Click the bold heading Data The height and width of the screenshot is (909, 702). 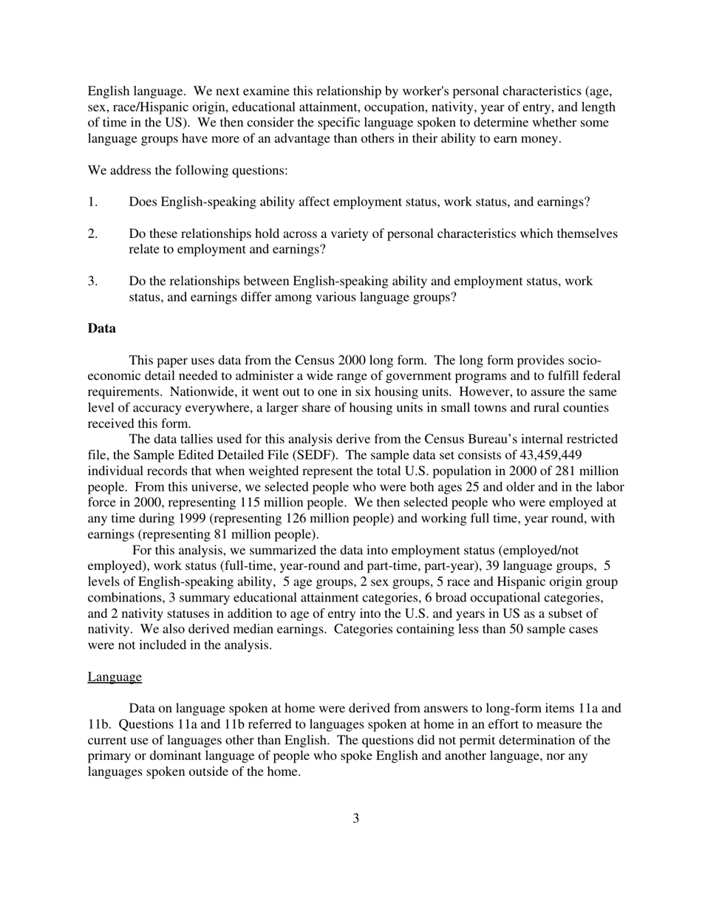(101, 328)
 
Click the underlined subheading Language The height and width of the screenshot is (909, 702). (115, 676)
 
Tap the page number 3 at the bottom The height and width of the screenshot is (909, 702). (355, 818)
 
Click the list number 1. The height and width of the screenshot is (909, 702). (92, 202)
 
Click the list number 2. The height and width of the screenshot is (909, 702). (92, 234)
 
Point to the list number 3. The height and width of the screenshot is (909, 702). (92, 281)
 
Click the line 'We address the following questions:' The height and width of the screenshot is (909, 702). (188, 170)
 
